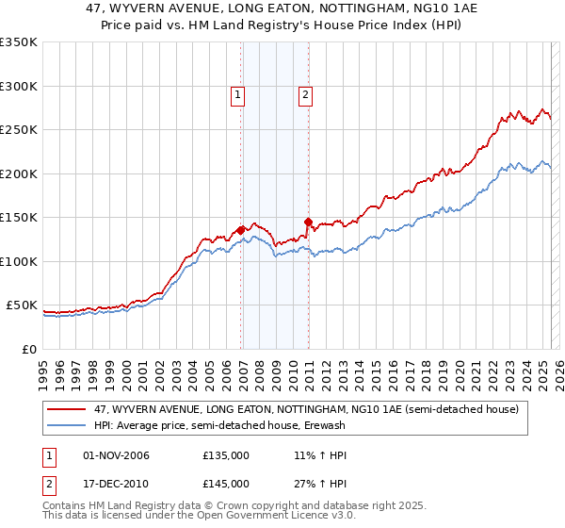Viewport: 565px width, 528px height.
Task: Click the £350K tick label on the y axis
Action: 19,42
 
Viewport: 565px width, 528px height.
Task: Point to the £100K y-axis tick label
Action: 19,261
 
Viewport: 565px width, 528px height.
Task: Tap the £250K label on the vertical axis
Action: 19,130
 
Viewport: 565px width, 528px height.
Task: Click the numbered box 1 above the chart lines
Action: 237,94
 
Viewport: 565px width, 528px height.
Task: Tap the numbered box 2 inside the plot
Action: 306,94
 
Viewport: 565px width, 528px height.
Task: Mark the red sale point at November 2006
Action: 241,229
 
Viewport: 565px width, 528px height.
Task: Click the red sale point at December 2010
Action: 309,222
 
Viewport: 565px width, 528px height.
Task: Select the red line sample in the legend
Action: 68,410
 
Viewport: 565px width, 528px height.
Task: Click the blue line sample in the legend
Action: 68,425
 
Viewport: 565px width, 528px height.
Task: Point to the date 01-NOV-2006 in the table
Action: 117,456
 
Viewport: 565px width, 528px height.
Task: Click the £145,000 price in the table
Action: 226,484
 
